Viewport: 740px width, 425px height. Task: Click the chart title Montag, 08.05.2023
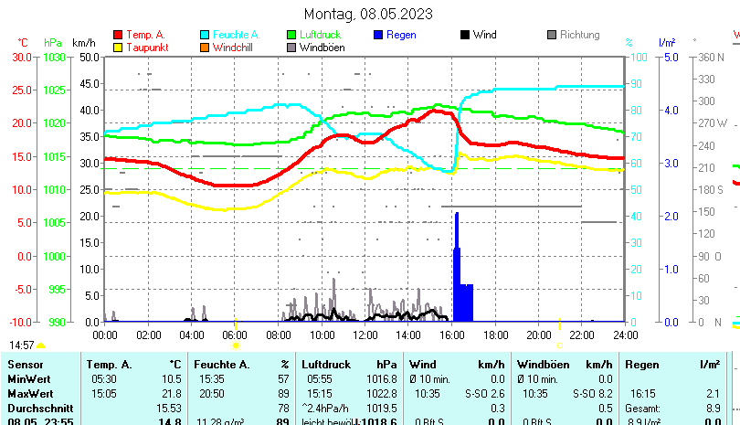368,14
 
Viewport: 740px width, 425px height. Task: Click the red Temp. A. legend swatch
118,35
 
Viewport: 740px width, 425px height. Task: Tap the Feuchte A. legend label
237,35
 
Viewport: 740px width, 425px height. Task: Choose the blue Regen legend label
401,35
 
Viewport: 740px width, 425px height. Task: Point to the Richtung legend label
579,35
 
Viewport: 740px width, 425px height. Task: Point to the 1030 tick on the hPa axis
55,57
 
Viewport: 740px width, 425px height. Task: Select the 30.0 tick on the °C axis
22,57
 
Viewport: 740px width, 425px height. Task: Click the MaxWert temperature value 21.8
172,393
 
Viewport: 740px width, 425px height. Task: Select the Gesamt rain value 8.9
714,408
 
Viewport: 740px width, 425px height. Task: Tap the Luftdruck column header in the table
324,365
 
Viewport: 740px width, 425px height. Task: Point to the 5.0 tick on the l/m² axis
669,57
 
